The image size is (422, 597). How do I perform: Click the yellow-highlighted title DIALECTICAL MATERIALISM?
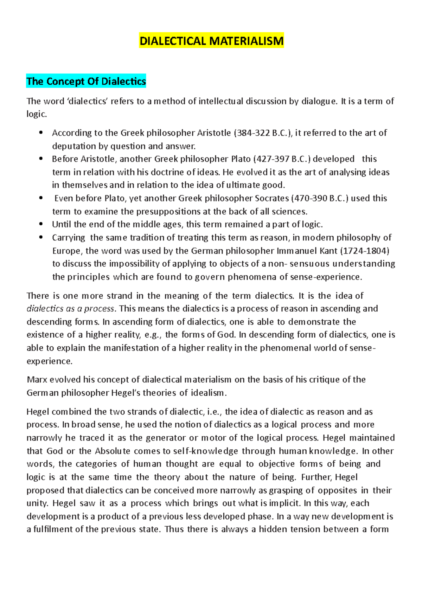point(211,41)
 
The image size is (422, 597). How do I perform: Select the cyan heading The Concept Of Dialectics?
point(86,81)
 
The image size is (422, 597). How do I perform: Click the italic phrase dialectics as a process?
point(71,309)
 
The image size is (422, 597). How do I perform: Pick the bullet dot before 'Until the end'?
point(41,224)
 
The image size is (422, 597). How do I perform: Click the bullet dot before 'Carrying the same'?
point(41,238)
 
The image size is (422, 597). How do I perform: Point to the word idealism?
point(207,393)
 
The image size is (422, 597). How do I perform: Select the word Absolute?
point(113,451)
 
